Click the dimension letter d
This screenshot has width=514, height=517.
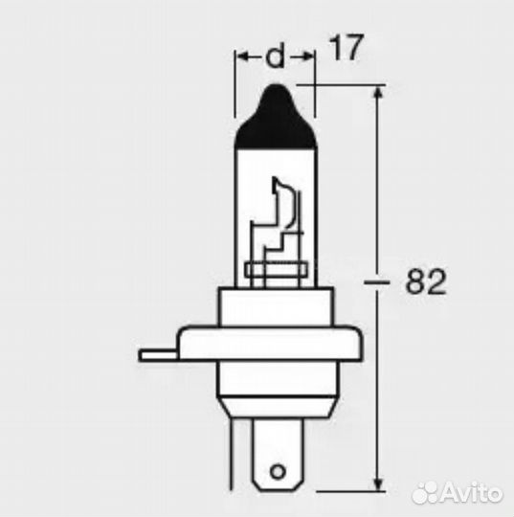click(275, 58)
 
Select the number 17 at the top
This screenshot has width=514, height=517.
click(346, 49)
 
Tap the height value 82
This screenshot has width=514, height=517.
click(427, 282)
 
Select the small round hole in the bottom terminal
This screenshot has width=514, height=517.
click(277, 471)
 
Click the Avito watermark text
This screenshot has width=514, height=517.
click(470, 494)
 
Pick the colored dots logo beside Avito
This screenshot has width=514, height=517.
click(422, 493)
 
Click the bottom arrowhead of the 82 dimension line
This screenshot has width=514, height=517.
click(381, 479)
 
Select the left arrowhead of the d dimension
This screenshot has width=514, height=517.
click(241, 58)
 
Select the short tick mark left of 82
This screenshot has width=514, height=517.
click(375, 283)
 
